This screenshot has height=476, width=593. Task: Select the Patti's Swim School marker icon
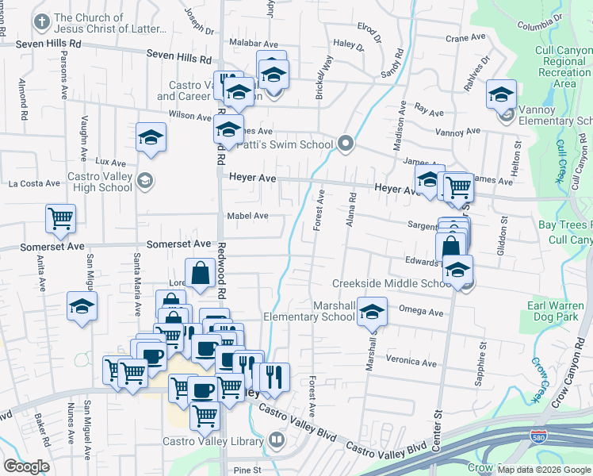click(345, 144)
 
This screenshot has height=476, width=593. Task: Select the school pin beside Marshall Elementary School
click(372, 312)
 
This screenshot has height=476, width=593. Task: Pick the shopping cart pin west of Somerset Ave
click(60, 218)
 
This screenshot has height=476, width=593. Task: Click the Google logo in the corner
click(25, 466)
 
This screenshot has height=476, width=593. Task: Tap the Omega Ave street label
click(421, 312)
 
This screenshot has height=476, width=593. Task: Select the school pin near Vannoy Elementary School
click(501, 94)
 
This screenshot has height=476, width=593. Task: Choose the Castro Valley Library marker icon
click(277, 439)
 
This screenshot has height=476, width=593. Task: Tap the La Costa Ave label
click(34, 183)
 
